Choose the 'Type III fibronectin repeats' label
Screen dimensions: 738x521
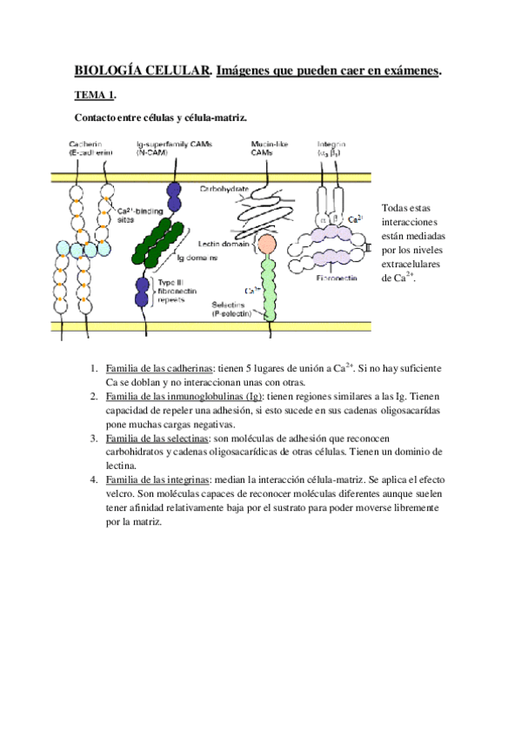click(181, 290)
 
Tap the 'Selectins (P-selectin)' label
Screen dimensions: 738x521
click(231, 310)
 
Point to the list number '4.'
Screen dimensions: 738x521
click(93, 480)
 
